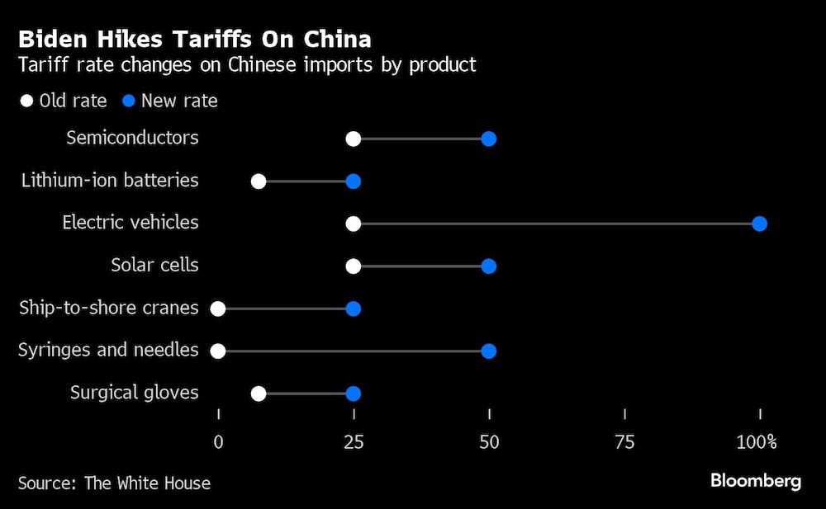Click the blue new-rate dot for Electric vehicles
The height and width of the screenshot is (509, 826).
(760, 224)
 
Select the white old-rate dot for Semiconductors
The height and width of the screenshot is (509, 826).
(354, 139)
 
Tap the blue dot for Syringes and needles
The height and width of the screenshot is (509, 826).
(488, 351)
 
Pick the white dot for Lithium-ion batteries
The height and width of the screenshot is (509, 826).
(259, 181)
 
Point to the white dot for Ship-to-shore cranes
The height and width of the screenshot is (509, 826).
(218, 309)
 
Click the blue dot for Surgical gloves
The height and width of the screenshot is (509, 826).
(354, 394)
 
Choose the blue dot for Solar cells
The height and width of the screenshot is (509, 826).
(488, 266)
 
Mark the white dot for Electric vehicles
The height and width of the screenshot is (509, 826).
(354, 224)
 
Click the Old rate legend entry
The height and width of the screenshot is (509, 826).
(64, 101)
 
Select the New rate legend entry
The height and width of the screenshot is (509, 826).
(170, 101)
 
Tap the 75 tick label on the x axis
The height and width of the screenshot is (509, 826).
(624, 442)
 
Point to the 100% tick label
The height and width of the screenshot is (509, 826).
(757, 442)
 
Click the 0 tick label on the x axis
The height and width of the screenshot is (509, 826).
(218, 442)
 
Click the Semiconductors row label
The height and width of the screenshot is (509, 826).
(132, 138)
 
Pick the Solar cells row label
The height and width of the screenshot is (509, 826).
(154, 266)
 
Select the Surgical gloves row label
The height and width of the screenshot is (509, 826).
(134, 393)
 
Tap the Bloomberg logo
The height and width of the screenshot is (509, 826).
(756, 482)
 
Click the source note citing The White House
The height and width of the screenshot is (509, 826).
(114, 483)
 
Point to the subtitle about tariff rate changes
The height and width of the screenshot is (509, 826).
(247, 65)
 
